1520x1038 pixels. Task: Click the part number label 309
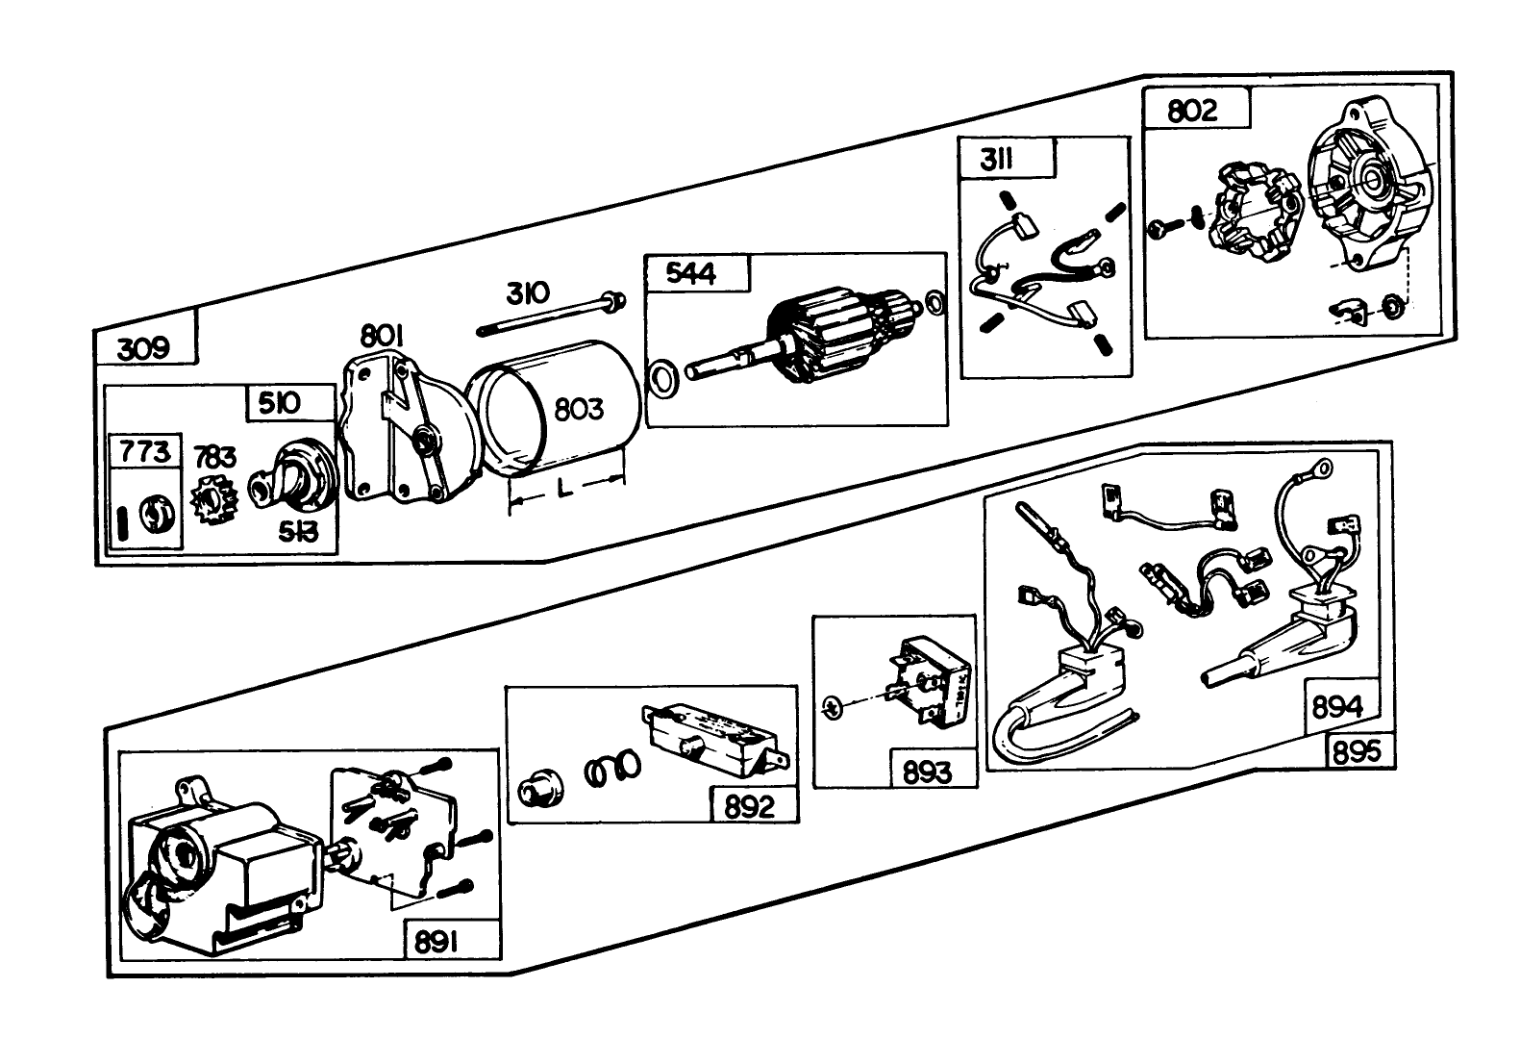[x=143, y=349]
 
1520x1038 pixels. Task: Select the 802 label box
[x=1196, y=107]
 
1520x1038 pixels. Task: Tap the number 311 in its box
[x=997, y=161]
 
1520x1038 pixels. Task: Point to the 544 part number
[x=691, y=273]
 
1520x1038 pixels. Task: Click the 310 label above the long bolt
[x=527, y=293]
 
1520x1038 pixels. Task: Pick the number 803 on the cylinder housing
[x=579, y=410]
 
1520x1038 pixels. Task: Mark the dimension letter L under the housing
[x=564, y=488]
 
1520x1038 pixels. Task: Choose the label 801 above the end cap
[x=382, y=336]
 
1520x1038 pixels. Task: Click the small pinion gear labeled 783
[x=214, y=499]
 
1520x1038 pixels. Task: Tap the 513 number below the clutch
[x=299, y=532]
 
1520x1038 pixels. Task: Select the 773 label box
[x=145, y=451]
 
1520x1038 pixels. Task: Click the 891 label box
[x=453, y=940]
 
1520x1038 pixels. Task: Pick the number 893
[x=927, y=772]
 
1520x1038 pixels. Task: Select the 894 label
[x=1336, y=707]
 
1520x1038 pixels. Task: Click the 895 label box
[x=1359, y=751]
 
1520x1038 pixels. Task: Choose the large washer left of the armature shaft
[x=663, y=380]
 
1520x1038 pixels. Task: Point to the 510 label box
[x=290, y=403]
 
